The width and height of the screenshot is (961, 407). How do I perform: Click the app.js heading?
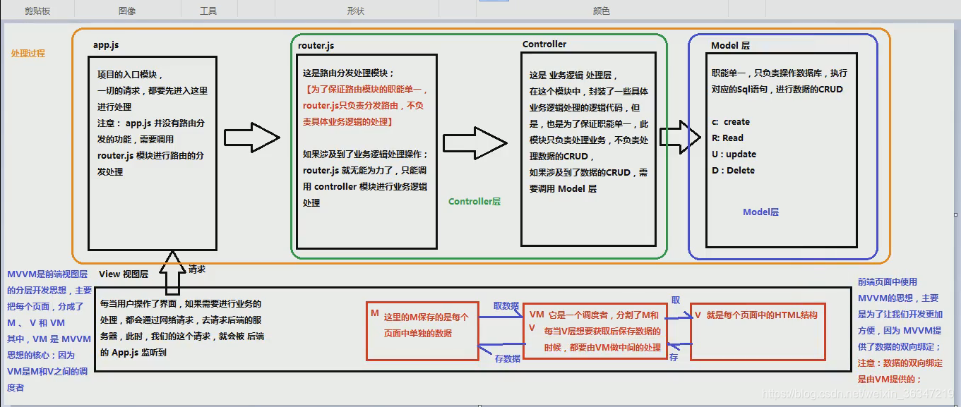click(106, 45)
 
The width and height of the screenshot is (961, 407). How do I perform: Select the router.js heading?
click(316, 46)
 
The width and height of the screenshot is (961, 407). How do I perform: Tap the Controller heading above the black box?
click(544, 44)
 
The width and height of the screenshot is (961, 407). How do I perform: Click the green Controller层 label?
click(474, 202)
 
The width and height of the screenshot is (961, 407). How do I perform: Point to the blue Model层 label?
click(760, 212)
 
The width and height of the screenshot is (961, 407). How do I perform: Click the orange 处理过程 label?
click(28, 54)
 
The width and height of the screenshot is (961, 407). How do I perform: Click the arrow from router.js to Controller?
click(475, 144)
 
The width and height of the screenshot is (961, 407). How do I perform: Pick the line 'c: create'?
click(731, 122)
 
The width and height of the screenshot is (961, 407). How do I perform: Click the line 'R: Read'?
click(727, 138)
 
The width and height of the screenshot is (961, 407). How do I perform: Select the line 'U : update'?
click(734, 154)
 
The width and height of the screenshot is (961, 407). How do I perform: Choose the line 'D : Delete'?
click(733, 171)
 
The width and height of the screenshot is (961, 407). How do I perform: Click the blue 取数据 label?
click(506, 306)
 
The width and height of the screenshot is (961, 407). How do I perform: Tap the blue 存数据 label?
click(507, 358)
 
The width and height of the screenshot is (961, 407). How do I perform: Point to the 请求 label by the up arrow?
click(197, 269)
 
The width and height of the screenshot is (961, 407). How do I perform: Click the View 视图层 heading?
click(124, 274)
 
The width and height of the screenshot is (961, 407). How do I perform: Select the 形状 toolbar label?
click(356, 11)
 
